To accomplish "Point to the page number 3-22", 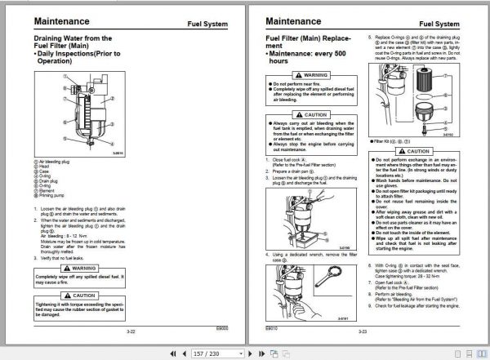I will coord(131,332).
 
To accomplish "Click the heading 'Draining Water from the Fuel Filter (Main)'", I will coord(69,42).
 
